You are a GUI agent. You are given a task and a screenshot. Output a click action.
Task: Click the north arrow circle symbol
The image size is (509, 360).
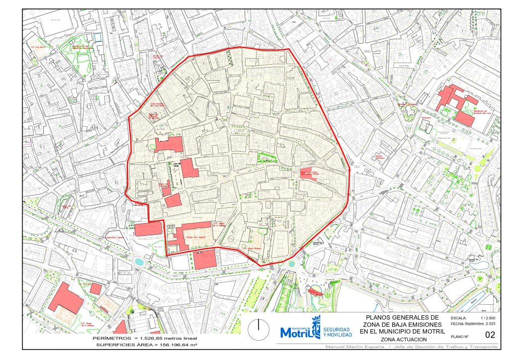[x=258, y=327]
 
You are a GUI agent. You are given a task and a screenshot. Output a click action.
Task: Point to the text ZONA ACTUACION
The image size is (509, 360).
[x=402, y=339]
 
